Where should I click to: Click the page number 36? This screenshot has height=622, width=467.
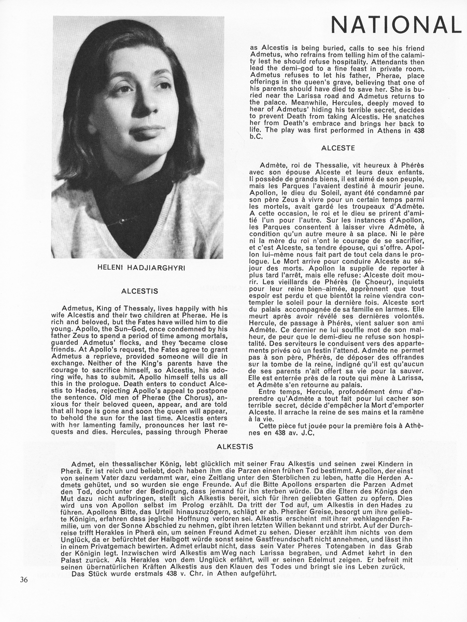point(24,579)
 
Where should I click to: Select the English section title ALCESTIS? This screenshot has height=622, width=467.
point(139,291)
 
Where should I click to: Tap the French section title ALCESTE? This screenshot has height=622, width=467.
point(338,148)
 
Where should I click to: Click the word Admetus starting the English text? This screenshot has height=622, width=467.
point(78,308)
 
